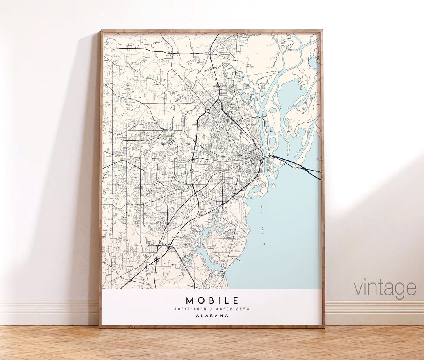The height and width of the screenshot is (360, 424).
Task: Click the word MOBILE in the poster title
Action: click(x=212, y=301)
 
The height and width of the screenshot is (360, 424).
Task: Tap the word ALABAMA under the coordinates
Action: click(x=212, y=316)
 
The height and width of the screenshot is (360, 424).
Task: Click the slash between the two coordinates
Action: click(x=212, y=309)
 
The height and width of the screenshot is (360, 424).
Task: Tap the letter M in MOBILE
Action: click(x=190, y=301)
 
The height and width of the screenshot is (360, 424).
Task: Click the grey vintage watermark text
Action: click(x=384, y=288)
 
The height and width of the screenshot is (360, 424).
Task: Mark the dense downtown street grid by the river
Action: click(x=257, y=157)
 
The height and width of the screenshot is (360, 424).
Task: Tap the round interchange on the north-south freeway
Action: click(x=191, y=171)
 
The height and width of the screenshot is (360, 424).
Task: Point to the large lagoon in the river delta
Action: click(x=292, y=94)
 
